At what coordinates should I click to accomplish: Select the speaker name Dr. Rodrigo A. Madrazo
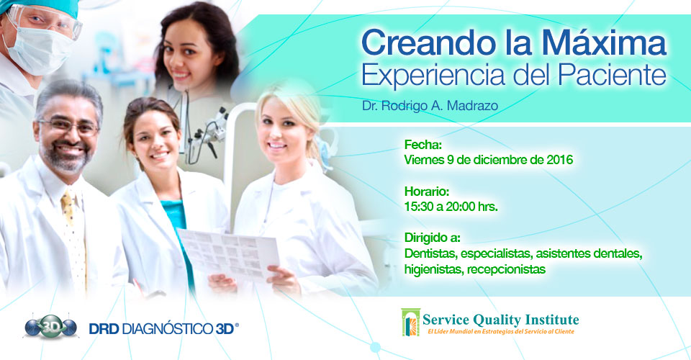(430, 106)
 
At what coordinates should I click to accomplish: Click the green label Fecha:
(423, 145)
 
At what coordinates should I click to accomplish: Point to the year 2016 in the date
(560, 160)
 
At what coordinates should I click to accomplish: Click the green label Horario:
(427, 192)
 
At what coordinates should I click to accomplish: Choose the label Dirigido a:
(433, 238)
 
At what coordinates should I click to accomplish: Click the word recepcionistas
(506, 269)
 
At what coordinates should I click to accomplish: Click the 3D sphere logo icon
(50, 327)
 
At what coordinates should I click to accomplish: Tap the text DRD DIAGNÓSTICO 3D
(163, 329)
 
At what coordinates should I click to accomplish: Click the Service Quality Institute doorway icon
(411, 322)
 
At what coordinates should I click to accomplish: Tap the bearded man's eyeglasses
(69, 127)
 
